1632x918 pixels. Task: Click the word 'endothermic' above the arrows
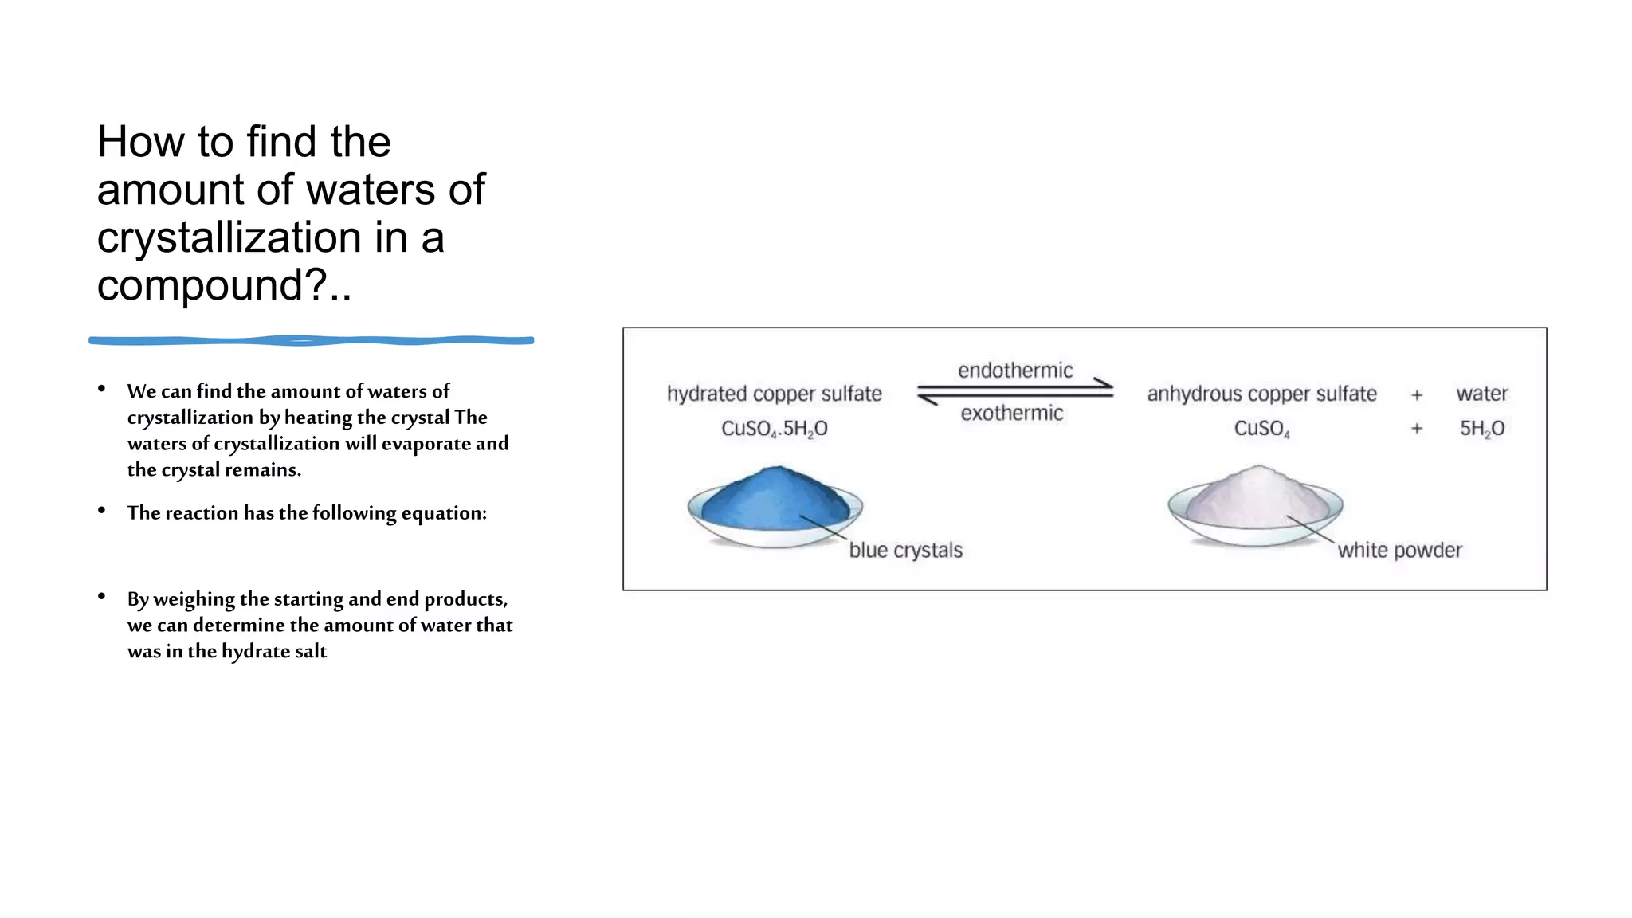(x=1015, y=371)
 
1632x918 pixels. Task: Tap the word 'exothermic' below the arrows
(x=1011, y=414)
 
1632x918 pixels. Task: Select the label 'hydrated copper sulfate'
(x=774, y=394)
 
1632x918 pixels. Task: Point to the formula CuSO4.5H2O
(x=774, y=429)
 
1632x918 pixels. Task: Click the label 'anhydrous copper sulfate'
(x=1261, y=394)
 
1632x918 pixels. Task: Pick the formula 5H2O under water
(x=1481, y=429)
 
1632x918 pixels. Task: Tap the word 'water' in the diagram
(x=1481, y=394)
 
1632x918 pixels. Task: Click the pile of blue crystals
(x=775, y=500)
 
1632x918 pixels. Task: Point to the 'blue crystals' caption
(x=905, y=551)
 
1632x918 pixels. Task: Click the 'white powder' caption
(x=1399, y=551)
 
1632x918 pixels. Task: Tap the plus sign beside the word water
(x=1417, y=394)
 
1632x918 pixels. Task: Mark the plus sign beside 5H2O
(x=1417, y=429)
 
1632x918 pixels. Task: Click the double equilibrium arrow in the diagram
(x=1014, y=391)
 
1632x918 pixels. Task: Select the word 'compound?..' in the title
(x=224, y=285)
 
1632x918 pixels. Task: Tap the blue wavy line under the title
(x=311, y=340)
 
